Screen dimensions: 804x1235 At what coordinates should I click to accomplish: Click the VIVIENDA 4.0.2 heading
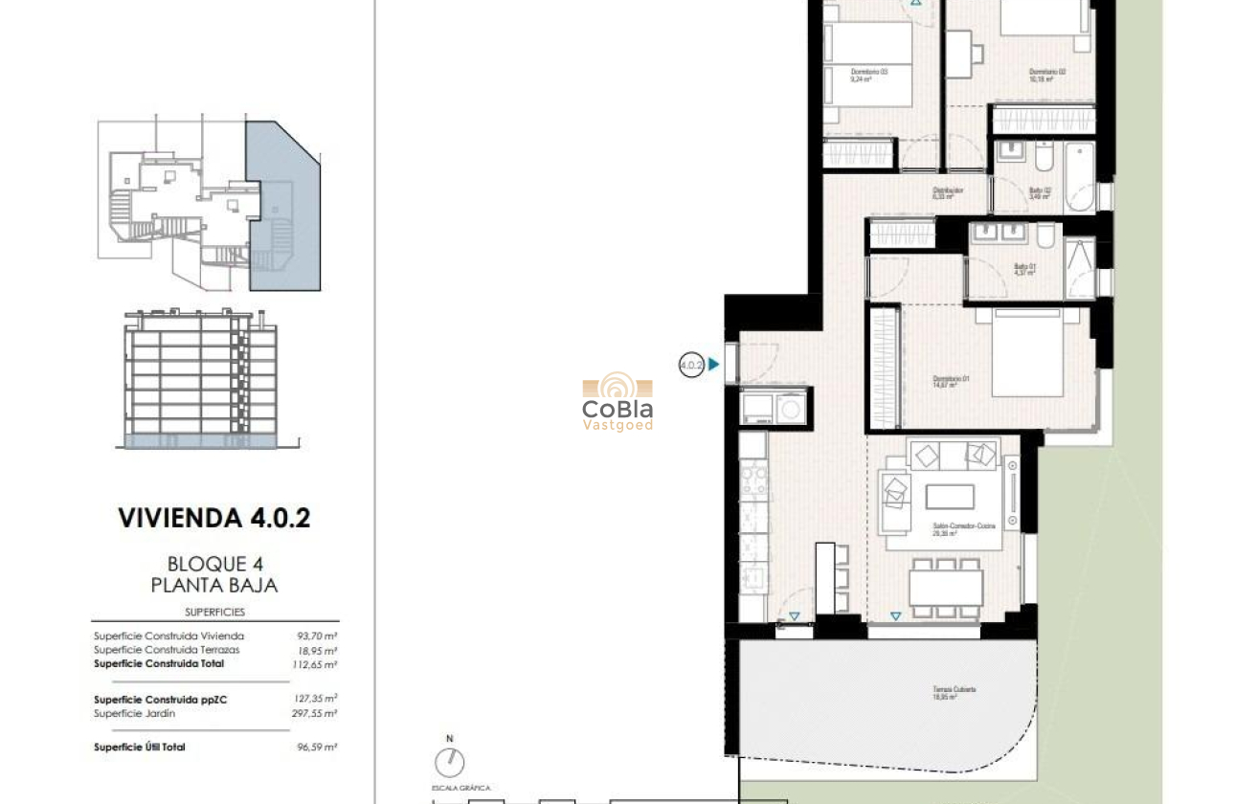coord(213,519)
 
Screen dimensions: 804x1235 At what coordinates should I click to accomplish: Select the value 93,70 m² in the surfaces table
coord(317,636)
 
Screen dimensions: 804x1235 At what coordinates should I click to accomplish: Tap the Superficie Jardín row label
coord(134,713)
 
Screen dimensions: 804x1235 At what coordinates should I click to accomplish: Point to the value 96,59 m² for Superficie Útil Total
coord(317,747)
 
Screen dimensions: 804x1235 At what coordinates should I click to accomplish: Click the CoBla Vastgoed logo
coord(617,403)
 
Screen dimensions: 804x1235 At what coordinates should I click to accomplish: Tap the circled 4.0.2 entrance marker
coord(691,365)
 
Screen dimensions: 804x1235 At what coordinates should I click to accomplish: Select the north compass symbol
coord(449,762)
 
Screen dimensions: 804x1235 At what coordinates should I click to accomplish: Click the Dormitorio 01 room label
coord(952,381)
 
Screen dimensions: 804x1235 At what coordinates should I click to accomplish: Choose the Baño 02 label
coord(1041,191)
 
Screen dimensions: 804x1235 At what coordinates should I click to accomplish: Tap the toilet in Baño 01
coord(1045,234)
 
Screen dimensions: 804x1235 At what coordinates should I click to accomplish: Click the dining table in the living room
coord(946,587)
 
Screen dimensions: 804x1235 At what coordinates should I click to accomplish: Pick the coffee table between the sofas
coord(950,497)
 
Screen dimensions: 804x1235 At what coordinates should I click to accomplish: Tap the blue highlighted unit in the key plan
coord(284,206)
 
